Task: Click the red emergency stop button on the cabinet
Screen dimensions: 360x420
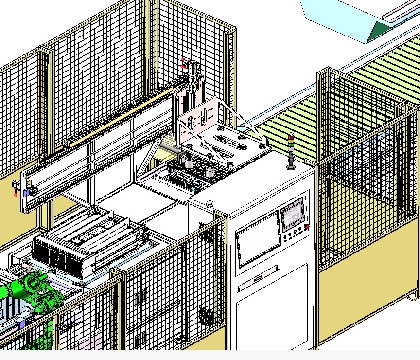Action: tap(307, 226)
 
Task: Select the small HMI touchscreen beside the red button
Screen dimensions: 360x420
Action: tap(292, 214)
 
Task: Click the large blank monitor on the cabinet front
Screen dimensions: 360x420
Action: tap(258, 239)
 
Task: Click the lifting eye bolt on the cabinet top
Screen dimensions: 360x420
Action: tap(210, 204)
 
